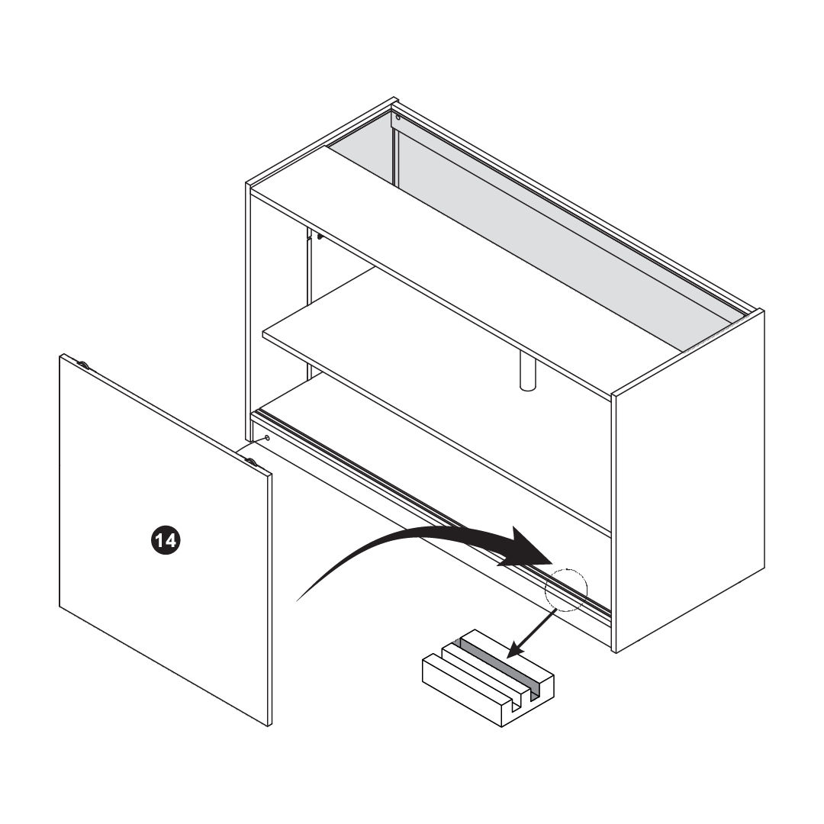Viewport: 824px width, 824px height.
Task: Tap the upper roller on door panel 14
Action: tap(82, 364)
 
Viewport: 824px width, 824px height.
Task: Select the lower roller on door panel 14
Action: tap(252, 462)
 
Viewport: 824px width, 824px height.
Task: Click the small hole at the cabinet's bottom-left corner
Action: tap(268, 437)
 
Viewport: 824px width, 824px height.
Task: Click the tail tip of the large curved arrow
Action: tap(298, 600)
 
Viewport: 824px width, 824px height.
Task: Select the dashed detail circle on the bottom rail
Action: tap(566, 591)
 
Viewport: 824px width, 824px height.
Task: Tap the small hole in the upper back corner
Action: tap(398, 117)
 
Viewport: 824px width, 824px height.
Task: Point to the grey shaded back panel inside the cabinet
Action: tap(531, 226)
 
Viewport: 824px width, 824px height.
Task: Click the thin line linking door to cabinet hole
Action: tap(250, 445)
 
